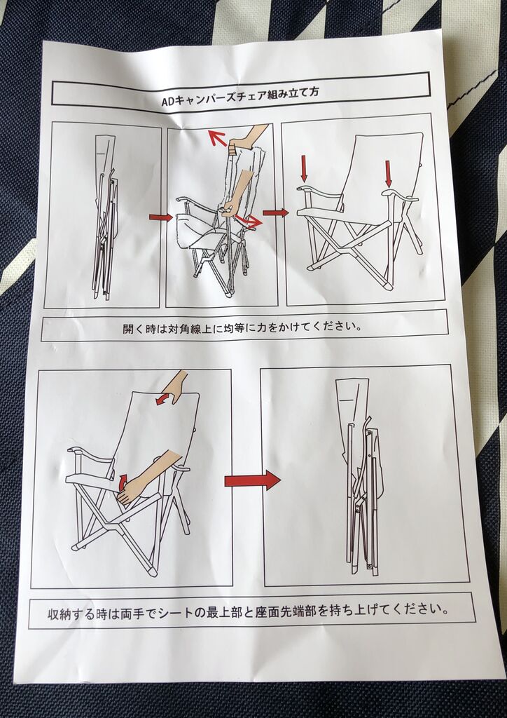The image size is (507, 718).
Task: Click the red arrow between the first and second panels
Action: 160,217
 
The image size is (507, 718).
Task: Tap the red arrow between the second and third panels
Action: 276,212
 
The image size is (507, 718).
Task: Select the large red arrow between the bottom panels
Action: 252,480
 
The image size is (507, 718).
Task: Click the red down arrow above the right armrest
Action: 388,174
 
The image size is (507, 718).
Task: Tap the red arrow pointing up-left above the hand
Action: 218,138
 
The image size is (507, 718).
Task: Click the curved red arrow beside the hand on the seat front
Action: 123,482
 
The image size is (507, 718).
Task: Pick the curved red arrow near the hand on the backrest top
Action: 162,399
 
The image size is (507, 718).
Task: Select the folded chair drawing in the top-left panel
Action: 105,217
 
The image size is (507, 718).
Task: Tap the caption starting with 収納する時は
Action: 248,611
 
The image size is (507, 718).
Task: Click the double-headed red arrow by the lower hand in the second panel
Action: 249,222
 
